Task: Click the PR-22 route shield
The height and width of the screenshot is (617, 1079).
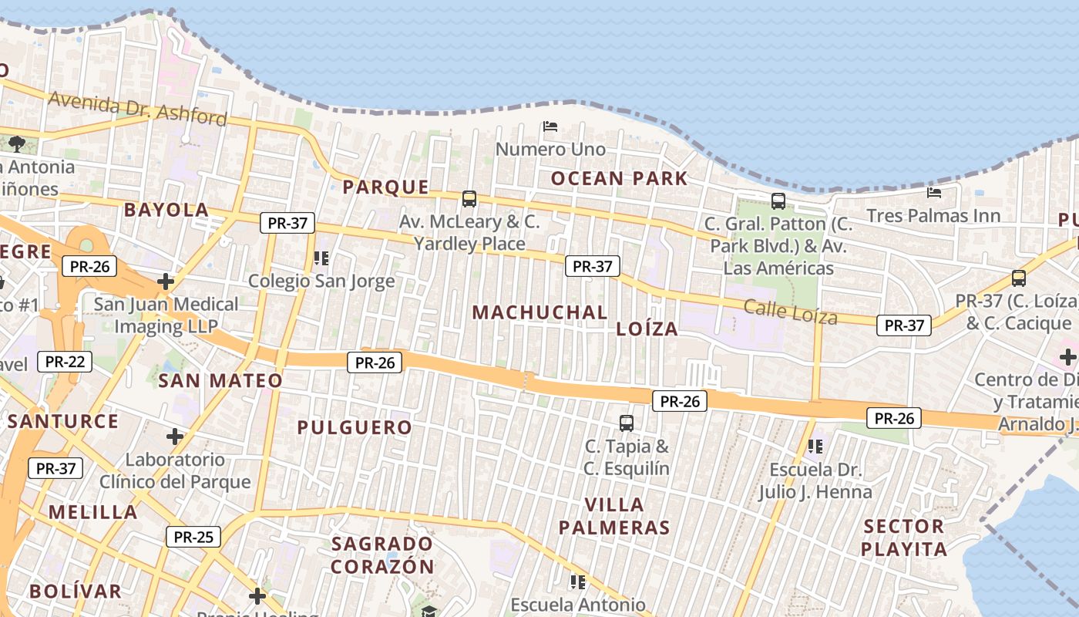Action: pos(65,362)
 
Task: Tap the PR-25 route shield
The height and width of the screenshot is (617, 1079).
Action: pos(193,537)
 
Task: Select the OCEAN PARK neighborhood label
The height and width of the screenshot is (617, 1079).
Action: pos(619,179)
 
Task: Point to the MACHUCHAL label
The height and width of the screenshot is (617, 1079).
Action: pos(539,312)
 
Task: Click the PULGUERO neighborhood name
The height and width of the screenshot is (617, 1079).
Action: pos(355,427)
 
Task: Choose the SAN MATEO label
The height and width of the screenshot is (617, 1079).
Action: pos(220,380)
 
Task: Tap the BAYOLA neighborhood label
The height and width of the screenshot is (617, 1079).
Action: pos(166,210)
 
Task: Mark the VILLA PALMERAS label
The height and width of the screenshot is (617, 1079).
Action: pos(614,516)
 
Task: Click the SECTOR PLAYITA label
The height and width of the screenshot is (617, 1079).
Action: pos(903,538)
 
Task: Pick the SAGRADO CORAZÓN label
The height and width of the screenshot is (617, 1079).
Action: pos(383,555)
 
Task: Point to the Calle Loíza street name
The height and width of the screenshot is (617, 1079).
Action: pos(790,312)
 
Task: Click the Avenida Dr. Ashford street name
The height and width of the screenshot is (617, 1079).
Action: pos(138,108)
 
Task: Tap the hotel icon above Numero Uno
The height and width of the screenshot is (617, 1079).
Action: pos(550,126)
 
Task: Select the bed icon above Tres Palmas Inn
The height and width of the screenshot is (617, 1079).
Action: pos(934,192)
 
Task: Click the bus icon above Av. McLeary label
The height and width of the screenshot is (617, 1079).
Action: pos(469,199)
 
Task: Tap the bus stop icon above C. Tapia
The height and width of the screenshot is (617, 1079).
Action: pos(627,423)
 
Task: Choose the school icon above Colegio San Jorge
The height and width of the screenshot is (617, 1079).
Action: pos(321,258)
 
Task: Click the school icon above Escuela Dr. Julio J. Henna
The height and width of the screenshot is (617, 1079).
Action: pos(815,446)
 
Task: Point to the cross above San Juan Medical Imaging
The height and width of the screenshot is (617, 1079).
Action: pos(166,282)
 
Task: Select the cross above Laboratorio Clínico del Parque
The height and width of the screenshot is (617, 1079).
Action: pos(175,437)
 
